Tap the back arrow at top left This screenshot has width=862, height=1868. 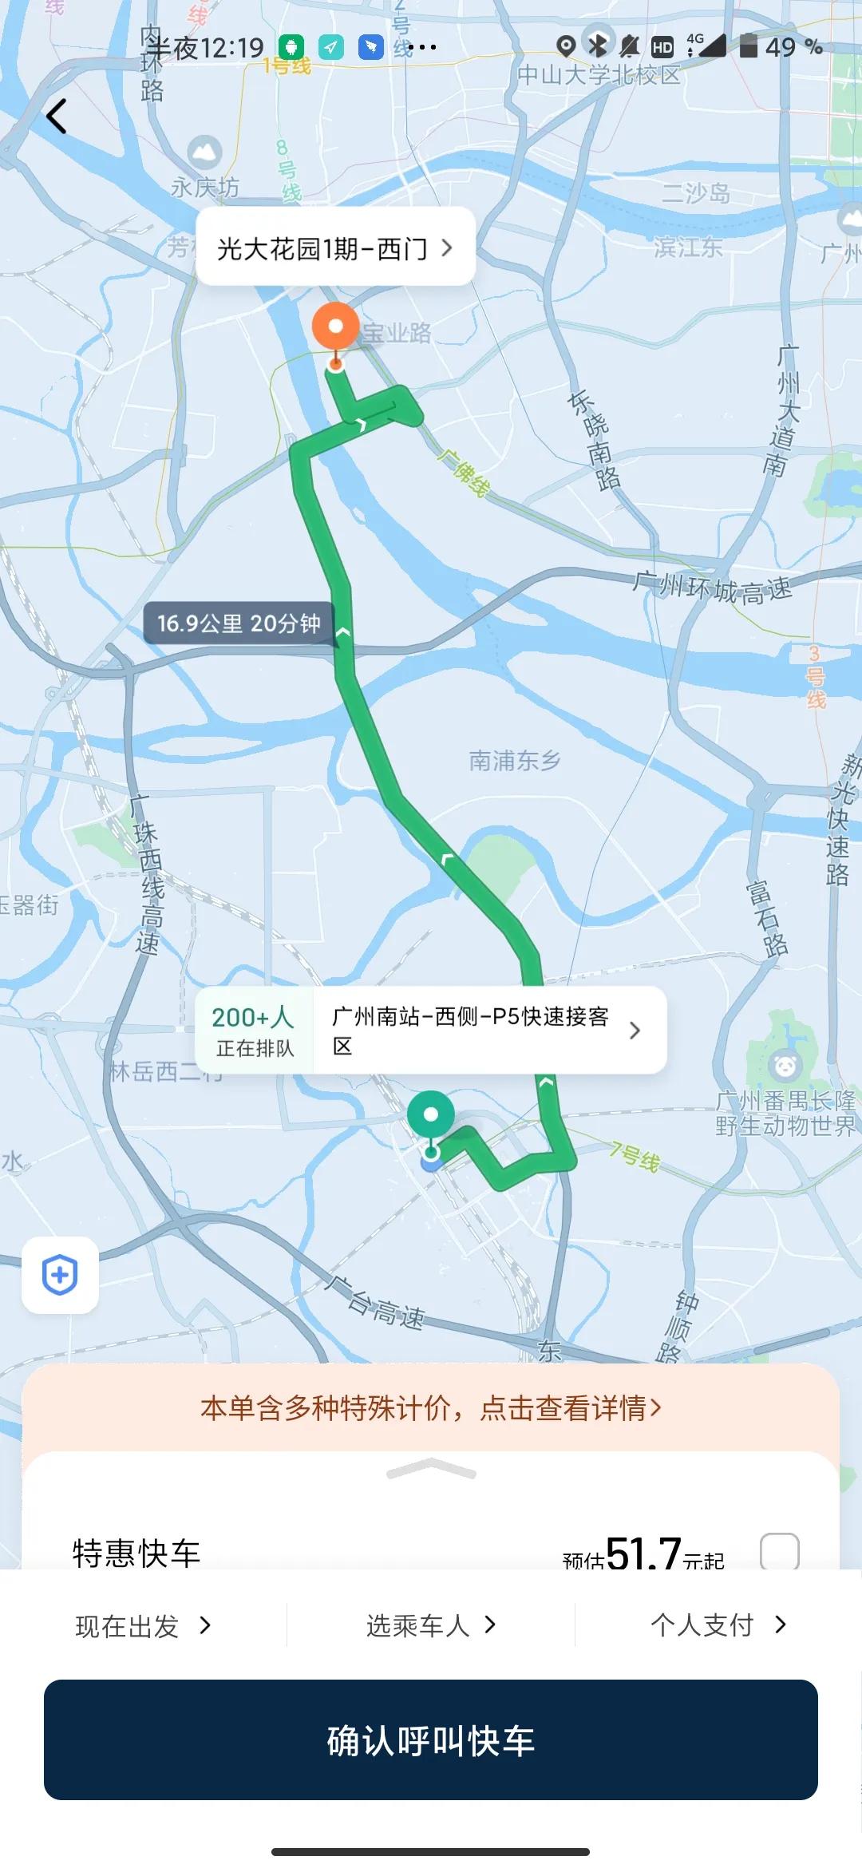[x=57, y=117]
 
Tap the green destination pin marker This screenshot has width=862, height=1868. [x=431, y=1115]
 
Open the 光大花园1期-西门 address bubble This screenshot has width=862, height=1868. [x=335, y=248]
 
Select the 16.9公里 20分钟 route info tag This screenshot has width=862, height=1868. [x=239, y=623]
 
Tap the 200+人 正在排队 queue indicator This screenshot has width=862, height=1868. [x=255, y=1031]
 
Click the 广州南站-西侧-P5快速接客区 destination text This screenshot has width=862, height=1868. [x=471, y=1031]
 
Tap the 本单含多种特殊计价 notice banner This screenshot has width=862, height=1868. [x=431, y=1407]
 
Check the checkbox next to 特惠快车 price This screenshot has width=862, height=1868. [x=779, y=1552]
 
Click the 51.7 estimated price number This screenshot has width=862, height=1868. [x=643, y=1553]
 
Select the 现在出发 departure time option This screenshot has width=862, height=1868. [x=143, y=1625]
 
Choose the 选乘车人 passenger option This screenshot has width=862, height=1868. [x=431, y=1625]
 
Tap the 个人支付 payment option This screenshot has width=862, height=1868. [x=718, y=1625]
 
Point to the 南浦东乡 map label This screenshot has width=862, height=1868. [x=515, y=761]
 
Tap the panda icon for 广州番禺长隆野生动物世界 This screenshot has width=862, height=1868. [x=785, y=1065]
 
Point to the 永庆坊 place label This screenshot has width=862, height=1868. [x=205, y=187]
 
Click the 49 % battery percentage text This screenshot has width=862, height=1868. [x=793, y=47]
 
